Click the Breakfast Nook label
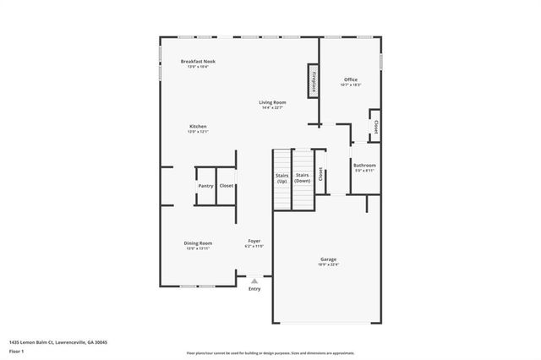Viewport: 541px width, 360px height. coord(199,61)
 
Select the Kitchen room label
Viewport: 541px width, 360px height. coord(198,127)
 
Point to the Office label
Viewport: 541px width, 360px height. coord(350,79)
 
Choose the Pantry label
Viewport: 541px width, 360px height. coord(205,186)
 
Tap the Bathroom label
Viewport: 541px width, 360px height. coord(364,166)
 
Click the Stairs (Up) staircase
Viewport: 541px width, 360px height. coord(281,179)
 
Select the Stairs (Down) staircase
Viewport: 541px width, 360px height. coord(303,179)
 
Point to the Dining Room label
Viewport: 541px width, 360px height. coord(198,243)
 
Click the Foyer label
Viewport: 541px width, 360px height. coord(254,242)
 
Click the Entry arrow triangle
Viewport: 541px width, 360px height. coord(254,281)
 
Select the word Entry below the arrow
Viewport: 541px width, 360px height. coord(254,289)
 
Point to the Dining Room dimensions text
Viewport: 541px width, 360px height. coord(198,248)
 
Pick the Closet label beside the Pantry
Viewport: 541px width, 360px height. coord(227,186)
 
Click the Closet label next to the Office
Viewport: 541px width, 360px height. coord(374,127)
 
